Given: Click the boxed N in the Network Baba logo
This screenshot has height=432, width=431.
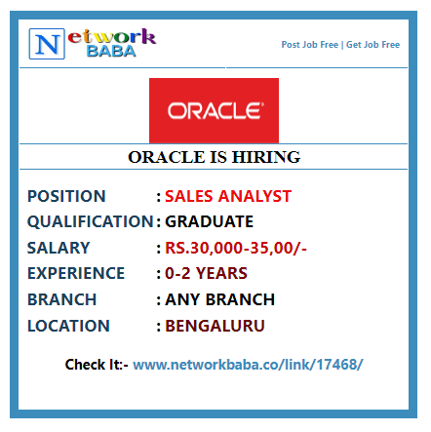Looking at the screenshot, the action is (47, 44).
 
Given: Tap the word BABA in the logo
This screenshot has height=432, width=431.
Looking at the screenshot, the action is (111, 52).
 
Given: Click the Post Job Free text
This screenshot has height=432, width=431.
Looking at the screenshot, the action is (310, 45).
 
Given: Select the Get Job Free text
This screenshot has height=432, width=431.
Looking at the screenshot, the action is (372, 45).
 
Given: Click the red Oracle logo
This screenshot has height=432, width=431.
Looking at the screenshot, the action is (214, 110).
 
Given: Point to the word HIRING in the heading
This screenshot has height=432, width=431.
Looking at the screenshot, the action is (266, 157).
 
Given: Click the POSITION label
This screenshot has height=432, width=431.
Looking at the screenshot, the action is (66, 196).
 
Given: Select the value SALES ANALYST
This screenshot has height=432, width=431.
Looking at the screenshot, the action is (228, 196).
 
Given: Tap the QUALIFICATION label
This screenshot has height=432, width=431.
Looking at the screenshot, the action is (91, 221).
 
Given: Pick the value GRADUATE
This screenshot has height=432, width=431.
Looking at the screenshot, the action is (210, 221).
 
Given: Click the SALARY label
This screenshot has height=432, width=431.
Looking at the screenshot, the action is (59, 248).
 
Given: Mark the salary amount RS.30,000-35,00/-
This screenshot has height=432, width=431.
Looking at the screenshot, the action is (236, 248).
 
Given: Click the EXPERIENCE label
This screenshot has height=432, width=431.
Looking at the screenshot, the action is (76, 273).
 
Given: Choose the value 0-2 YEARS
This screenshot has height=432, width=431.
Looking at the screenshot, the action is (206, 273).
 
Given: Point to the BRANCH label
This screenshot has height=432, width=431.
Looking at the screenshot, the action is (62, 299).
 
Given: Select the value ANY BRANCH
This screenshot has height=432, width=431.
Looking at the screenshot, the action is (220, 299).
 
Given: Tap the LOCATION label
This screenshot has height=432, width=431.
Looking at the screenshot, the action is (68, 326).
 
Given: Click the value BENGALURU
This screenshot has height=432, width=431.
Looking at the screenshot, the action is (215, 326).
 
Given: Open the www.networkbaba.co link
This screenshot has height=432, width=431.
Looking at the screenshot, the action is (248, 365).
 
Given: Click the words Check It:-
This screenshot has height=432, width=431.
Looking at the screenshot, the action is (97, 365).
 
